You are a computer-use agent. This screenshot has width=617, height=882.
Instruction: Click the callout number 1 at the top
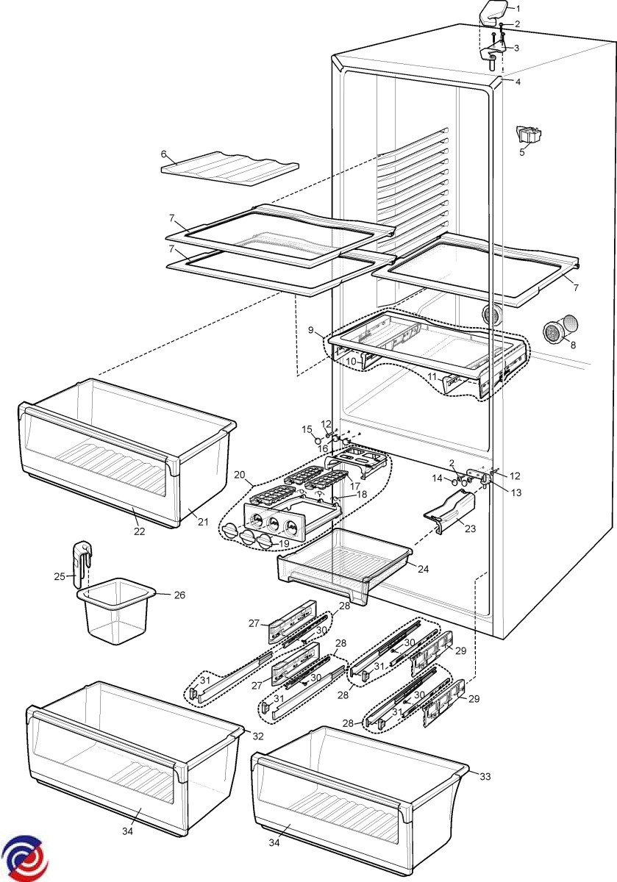click(x=518, y=8)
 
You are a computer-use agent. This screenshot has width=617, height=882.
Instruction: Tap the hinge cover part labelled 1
click(x=491, y=12)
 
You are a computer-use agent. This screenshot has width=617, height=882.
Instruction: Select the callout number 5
click(x=522, y=152)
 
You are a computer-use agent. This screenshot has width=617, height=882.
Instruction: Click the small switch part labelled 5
click(x=528, y=134)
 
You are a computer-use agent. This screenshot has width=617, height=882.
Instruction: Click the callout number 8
click(x=574, y=343)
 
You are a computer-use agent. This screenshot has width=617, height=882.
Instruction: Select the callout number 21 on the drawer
click(x=204, y=522)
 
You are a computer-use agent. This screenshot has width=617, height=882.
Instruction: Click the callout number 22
click(x=139, y=531)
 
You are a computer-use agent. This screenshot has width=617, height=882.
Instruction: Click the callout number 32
click(x=257, y=736)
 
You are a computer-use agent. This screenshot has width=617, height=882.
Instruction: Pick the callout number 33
click(x=485, y=776)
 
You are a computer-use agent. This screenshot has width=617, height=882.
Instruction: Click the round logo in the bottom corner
click(x=24, y=858)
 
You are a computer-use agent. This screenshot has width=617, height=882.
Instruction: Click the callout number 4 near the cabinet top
click(x=518, y=82)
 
